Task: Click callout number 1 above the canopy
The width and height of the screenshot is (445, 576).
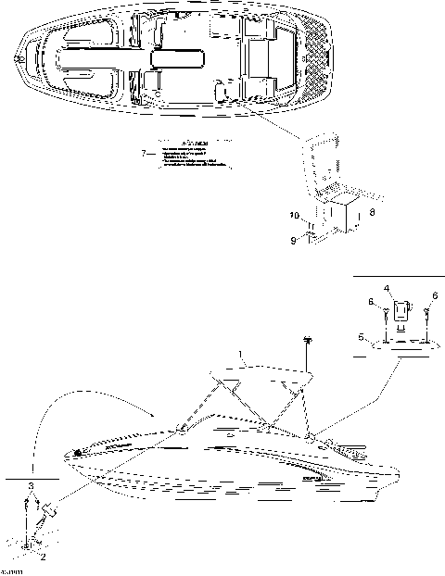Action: pos(242,355)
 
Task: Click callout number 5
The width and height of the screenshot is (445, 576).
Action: pos(361,337)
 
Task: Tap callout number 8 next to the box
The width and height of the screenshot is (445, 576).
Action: pos(372,212)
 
